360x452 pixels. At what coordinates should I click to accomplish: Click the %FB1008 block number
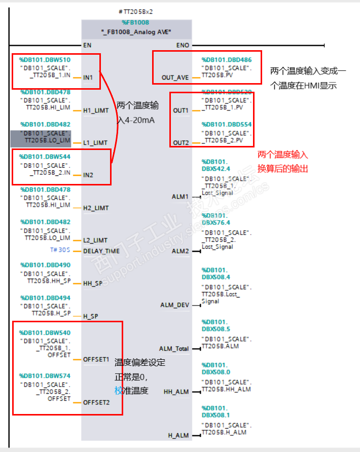135,22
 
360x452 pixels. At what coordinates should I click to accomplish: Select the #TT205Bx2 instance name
136,12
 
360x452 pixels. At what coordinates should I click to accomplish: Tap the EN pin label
87,45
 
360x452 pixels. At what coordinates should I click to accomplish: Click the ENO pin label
183,45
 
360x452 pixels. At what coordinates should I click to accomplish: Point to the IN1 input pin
88,78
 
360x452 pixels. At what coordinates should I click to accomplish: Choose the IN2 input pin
88,175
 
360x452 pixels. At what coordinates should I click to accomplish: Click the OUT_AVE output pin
175,78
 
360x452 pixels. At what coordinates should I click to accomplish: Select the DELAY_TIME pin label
101,251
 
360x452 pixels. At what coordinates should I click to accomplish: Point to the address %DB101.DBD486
226,60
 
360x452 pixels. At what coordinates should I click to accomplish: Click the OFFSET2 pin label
96,402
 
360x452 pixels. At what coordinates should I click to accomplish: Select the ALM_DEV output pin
174,305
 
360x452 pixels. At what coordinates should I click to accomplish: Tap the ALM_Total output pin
173,349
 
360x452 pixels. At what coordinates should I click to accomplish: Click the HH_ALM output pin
176,392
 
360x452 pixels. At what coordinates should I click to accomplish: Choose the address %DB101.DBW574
45,376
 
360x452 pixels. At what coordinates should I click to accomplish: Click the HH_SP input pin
92,283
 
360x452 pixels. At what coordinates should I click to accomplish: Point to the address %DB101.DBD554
226,125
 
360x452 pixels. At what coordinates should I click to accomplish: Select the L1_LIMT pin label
95,143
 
